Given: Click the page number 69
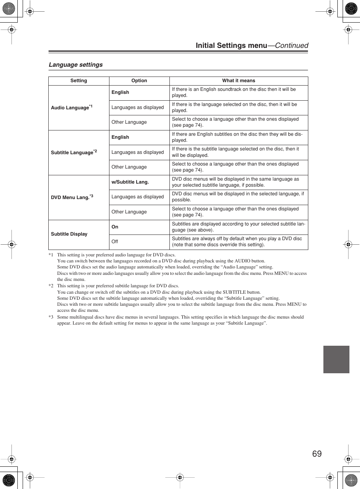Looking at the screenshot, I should (x=317, y=454).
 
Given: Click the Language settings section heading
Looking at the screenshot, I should (x=75, y=64).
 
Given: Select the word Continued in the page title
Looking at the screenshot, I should (x=291, y=46).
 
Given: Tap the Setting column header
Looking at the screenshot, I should (x=78, y=81).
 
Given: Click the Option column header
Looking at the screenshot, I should (x=139, y=81).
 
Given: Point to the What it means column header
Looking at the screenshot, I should (x=238, y=81).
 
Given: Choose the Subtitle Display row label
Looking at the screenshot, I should (x=69, y=234).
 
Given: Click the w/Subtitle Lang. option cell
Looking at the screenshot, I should (x=130, y=182).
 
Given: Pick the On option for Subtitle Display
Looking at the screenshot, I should (x=115, y=227).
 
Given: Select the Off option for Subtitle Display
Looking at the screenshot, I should (x=115, y=242).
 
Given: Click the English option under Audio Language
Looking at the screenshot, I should (x=120, y=92).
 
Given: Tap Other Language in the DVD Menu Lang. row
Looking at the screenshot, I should (x=129, y=212).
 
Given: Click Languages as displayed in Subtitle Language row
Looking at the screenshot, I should (x=137, y=152).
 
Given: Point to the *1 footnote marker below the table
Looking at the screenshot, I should (x=51, y=255).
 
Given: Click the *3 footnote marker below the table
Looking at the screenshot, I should (x=51, y=317).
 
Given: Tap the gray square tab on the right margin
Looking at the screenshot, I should (x=336, y=359).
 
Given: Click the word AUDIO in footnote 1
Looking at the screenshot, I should (x=242, y=261).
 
